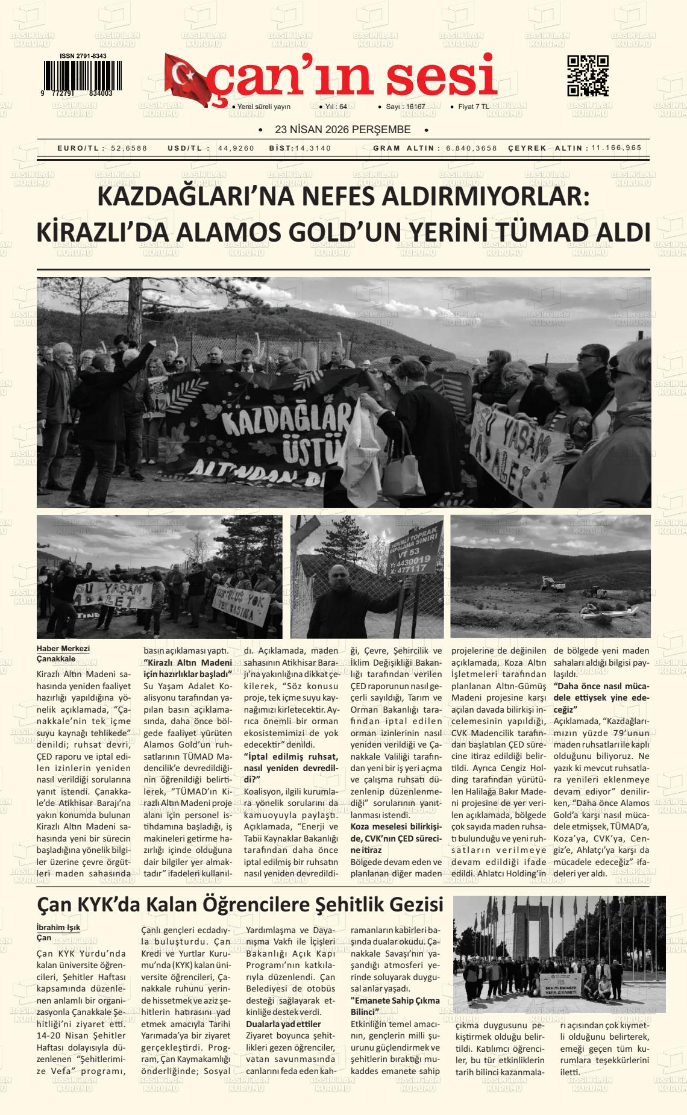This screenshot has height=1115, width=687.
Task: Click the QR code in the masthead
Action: pos(588,75)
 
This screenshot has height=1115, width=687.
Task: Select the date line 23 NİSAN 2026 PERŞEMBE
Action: pos(342,130)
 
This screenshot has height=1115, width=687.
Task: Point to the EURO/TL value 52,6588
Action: pos(129,148)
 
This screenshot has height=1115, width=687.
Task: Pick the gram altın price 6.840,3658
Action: pos(472,148)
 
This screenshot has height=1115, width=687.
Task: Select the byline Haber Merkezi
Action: pos(63,648)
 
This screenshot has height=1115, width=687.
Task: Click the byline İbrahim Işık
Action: pos(58,927)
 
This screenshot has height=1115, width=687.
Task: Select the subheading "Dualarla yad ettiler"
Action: pos(283,1023)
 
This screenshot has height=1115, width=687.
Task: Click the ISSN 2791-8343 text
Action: pos(83,56)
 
